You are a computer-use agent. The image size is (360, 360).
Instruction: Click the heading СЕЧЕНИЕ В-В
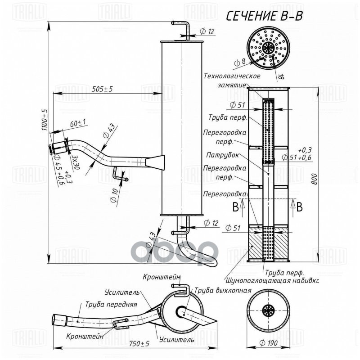264,17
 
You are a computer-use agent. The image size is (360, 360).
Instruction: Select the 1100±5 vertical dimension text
45,120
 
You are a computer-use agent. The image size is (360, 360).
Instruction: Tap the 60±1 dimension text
78,123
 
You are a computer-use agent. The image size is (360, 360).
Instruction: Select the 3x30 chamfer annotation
75,160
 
